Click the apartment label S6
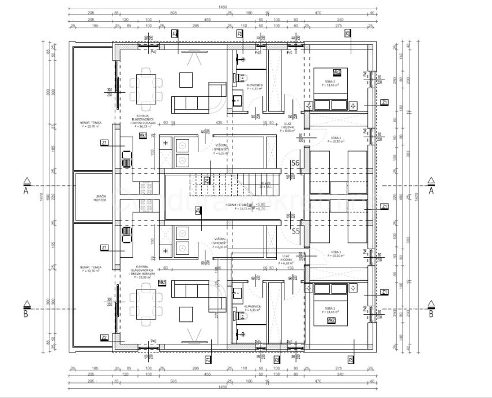pyautogui.click(x=295, y=163)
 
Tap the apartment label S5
pyautogui.click(x=295, y=231)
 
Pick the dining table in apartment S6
pyautogui.click(x=145, y=84)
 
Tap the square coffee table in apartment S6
pyautogui.click(x=186, y=78)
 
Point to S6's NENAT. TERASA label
pyautogui.click(x=91, y=124)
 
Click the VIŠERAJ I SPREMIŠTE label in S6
pyautogui.click(x=221, y=149)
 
